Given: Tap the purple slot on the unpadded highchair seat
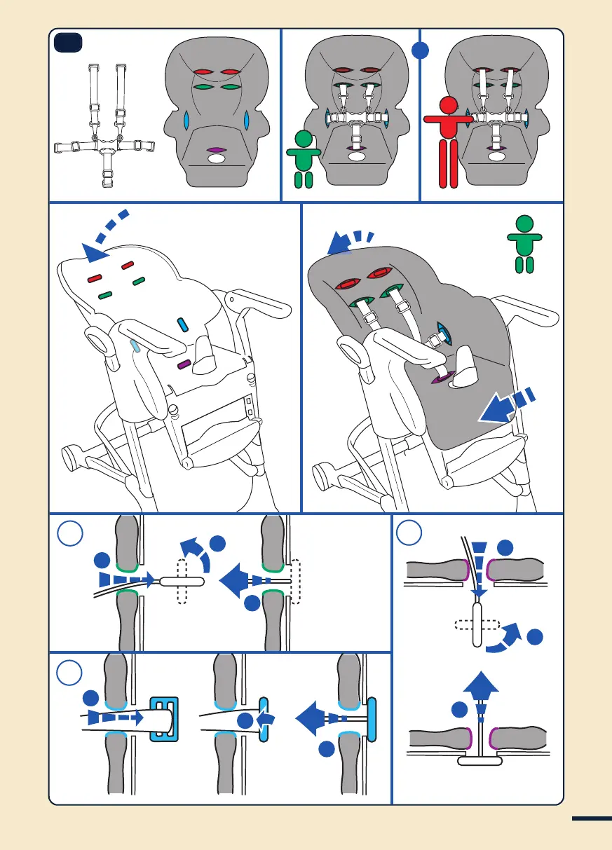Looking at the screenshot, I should [184, 364].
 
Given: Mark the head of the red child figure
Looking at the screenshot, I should [449, 106].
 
